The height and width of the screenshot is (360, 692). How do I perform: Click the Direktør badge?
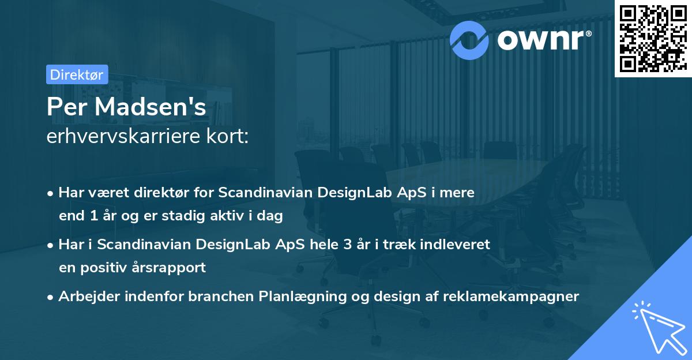[77, 74]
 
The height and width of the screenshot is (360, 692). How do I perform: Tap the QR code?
[652, 38]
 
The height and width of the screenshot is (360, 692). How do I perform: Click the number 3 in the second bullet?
[348, 244]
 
